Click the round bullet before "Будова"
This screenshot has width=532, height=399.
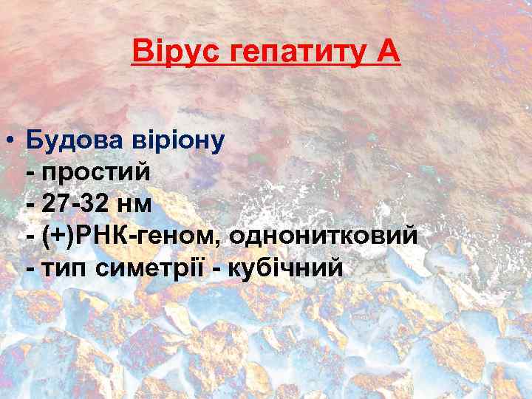[x=11, y=140]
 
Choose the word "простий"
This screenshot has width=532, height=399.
[x=98, y=172]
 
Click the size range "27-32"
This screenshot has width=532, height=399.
[x=79, y=205]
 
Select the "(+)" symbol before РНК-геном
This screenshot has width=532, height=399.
[x=59, y=237]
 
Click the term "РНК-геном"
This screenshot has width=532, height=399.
[x=147, y=237]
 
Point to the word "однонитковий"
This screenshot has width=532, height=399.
[x=324, y=237]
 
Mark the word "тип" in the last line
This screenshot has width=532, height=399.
[x=64, y=269]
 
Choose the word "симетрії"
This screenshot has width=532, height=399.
[x=148, y=269]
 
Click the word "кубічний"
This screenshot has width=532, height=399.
[x=284, y=269]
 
